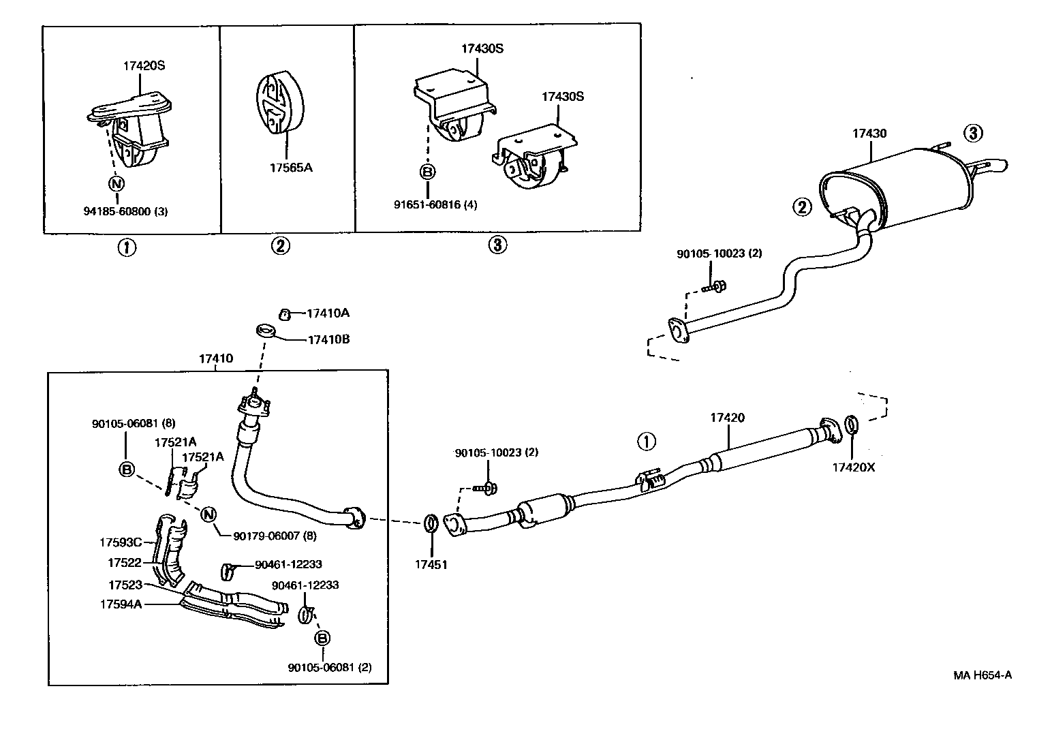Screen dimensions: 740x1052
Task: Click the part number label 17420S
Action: [144, 66]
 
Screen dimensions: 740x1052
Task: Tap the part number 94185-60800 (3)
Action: [126, 211]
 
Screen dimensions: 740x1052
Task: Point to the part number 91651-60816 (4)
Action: [436, 204]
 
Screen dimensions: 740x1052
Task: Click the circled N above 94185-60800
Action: [117, 183]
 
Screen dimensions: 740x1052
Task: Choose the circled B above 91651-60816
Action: [427, 172]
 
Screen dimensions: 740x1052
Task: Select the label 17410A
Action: [328, 313]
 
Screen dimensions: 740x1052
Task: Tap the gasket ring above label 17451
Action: [431, 524]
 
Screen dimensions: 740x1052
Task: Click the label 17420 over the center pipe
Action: [727, 418]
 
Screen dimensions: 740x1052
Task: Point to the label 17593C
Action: [120, 542]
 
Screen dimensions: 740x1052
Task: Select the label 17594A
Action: [121, 604]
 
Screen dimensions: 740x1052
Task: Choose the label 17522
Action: [124, 563]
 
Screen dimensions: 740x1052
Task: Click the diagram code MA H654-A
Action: [982, 675]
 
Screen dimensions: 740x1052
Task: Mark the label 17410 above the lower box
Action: [216, 358]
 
